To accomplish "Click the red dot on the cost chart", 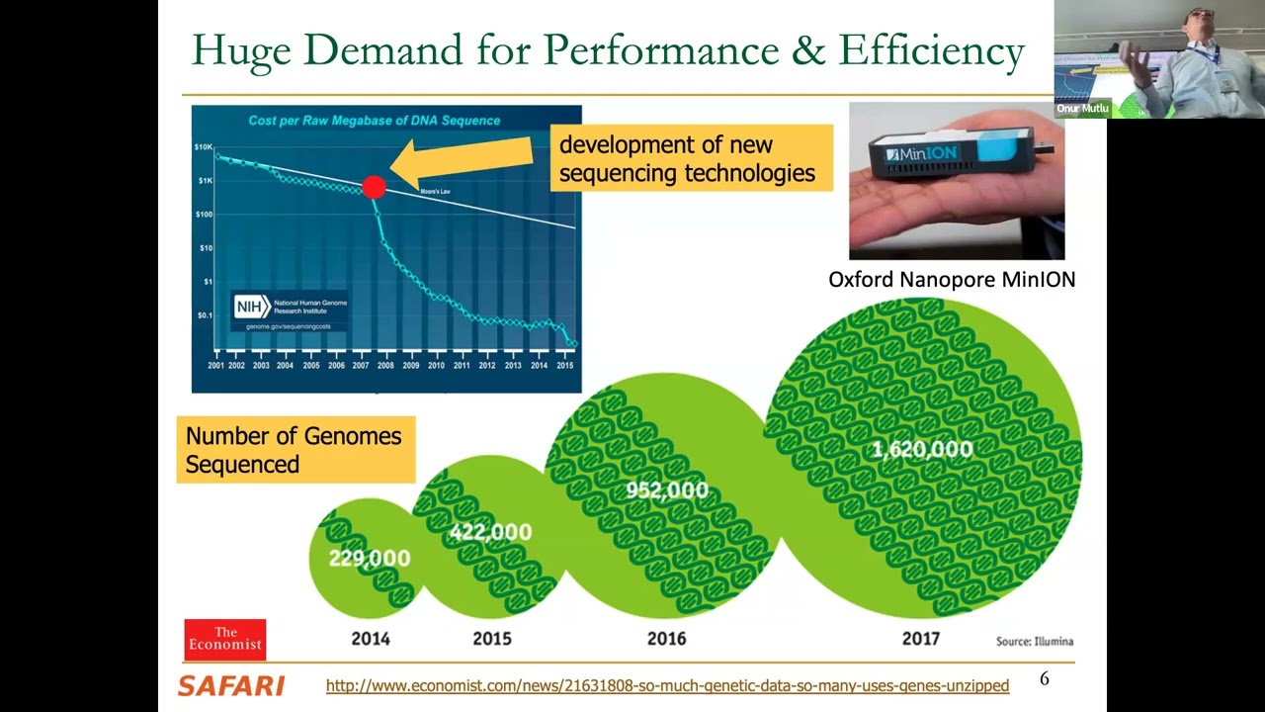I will pos(374,186).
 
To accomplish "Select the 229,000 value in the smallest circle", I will pos(369,559).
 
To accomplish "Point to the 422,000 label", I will pos(490,532).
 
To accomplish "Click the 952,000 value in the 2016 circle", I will pos(667,490).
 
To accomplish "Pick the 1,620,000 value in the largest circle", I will pos(922,450).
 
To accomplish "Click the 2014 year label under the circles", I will pos(371,639).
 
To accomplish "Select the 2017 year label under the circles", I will pos(920,639).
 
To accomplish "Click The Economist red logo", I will pos(225,639).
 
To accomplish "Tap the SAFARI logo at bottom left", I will pos(231,685).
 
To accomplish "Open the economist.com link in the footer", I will pos(667,685).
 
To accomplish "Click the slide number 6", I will pos(1045,678).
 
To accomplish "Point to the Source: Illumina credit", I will pos(1034,641).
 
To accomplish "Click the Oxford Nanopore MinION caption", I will pos(952,280).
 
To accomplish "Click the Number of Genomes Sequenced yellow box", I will pos(295,450).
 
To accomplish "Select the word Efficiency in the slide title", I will pos(931,49).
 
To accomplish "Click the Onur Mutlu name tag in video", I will pos(1082,109).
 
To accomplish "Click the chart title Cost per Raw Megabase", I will pos(374,121).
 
